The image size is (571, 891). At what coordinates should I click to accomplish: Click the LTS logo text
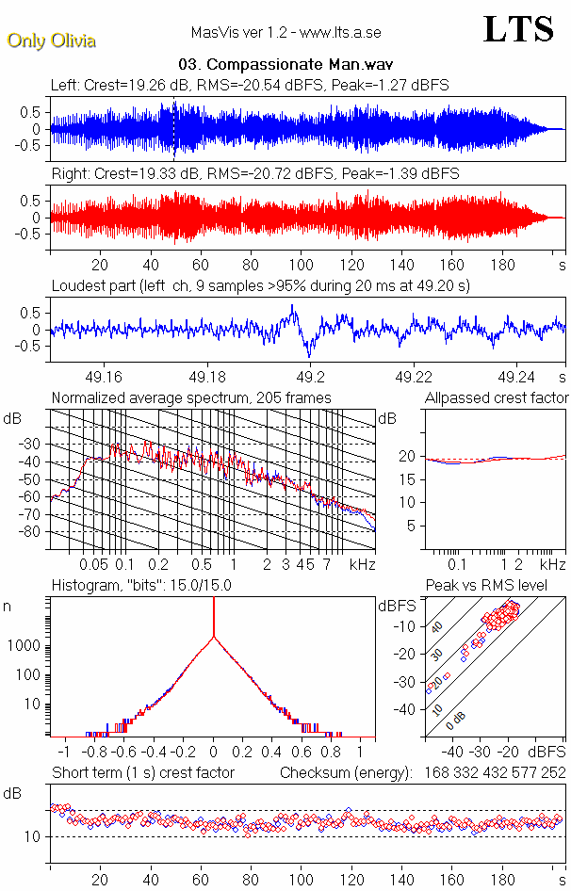tap(518, 29)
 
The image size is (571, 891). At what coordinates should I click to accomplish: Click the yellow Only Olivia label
tap(51, 40)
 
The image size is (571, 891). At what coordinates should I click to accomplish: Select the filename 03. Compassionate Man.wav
tap(285, 66)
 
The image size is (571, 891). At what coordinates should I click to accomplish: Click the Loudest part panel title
tap(260, 285)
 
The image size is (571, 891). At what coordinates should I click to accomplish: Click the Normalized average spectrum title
tap(191, 398)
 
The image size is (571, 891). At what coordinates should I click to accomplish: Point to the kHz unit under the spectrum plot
tap(363, 564)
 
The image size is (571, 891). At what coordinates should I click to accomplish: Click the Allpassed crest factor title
tap(497, 398)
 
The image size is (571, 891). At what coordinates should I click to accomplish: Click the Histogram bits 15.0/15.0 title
tap(141, 586)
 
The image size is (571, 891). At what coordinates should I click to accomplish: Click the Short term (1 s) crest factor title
tap(142, 773)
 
